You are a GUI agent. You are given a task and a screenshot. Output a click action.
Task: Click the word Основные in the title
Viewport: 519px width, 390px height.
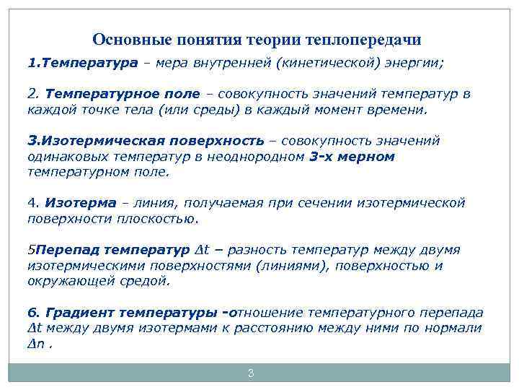[126, 39]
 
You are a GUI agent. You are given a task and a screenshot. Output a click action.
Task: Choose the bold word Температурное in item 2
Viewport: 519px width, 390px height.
[92, 94]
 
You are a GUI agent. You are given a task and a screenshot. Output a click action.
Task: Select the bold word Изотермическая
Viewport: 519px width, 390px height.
[89, 140]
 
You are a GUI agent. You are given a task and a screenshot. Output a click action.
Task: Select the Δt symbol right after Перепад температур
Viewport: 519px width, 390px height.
[202, 250]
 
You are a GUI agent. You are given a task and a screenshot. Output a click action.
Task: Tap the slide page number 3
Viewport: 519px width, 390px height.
[250, 373]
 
